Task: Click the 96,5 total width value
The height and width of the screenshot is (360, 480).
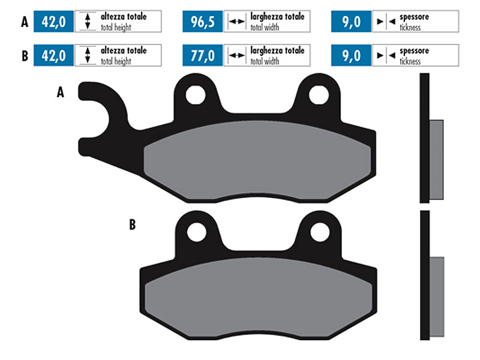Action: tap(202, 22)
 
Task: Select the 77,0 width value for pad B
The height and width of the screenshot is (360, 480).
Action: tap(202, 55)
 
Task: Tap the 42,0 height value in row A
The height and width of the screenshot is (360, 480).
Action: tap(53, 22)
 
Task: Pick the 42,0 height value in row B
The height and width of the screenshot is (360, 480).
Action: tap(53, 55)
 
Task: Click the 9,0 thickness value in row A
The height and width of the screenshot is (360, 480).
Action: tap(351, 22)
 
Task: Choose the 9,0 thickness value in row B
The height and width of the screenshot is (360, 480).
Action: tap(351, 55)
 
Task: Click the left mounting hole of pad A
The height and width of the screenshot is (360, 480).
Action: tap(196, 95)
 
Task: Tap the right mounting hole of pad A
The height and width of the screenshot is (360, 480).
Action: tap(319, 95)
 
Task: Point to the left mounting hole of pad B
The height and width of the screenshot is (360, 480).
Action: tap(196, 232)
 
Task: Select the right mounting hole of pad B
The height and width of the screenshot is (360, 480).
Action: tap(320, 232)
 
